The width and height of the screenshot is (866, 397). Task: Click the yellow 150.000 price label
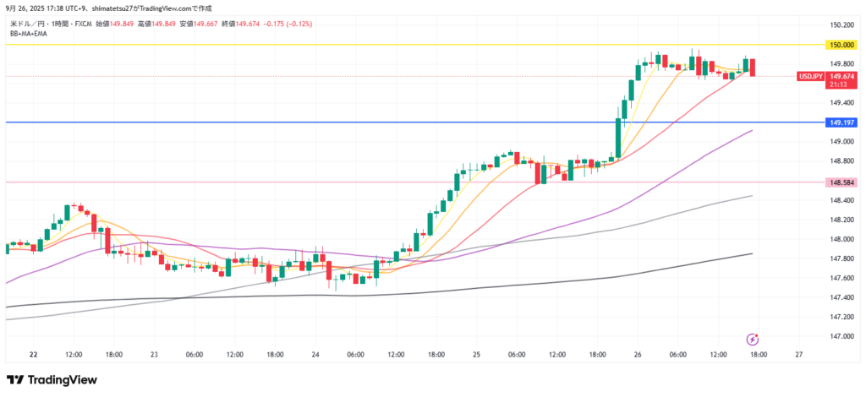843,44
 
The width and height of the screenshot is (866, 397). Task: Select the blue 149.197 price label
843,122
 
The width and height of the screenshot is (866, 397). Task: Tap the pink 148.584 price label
843,182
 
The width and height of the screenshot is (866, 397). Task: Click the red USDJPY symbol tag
810,76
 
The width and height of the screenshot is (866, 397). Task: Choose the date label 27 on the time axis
798,355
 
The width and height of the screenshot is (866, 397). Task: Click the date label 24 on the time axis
315,355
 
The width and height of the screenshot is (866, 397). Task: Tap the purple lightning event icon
753,339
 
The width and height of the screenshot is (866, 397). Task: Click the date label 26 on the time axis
637,355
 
